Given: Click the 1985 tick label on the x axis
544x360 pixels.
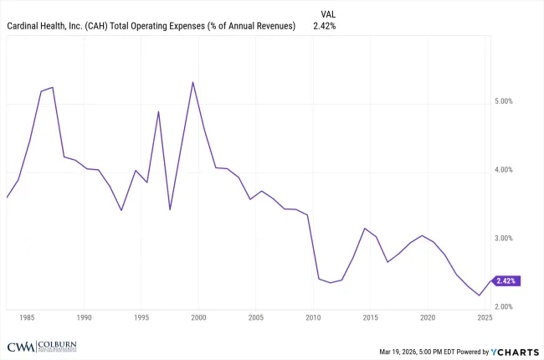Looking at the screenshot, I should (27, 318).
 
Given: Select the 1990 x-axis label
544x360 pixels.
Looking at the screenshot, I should (84, 318).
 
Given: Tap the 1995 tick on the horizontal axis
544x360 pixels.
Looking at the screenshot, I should (141, 318).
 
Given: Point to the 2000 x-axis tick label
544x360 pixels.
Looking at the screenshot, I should (198, 318).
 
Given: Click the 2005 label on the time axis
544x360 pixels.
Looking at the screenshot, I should (256, 318).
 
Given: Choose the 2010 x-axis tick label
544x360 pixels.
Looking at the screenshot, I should (313, 318).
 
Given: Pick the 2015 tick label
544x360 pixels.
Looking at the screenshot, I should (371, 318).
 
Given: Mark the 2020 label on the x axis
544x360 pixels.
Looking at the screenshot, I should (428, 318).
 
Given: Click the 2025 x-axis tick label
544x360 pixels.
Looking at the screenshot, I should (485, 318).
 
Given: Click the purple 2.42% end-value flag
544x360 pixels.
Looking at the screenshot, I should (506, 280).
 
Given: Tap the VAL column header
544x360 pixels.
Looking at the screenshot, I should (330, 13).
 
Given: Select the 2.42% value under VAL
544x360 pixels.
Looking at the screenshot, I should (326, 26).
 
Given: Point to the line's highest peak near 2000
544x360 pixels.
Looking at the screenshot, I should (193, 82).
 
